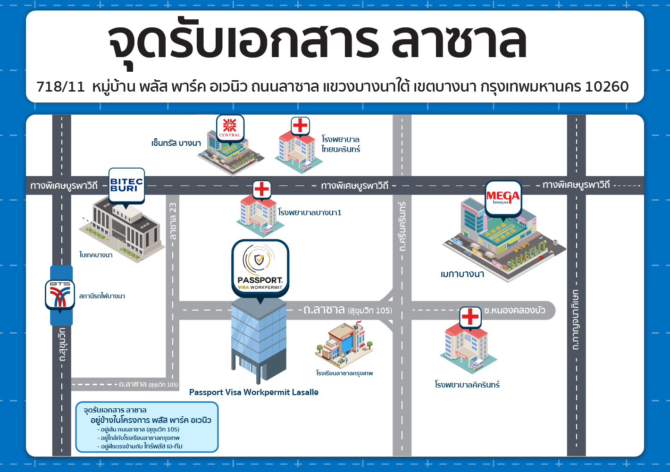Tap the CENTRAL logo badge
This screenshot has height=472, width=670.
230,128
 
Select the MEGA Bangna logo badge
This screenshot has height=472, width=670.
503,198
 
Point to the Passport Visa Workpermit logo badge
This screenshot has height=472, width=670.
260,269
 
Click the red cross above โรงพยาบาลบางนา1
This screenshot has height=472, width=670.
262,189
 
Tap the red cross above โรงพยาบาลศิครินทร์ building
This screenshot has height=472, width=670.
470,317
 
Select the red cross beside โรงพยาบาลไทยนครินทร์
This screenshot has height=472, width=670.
300,126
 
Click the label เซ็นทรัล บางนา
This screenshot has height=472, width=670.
176,143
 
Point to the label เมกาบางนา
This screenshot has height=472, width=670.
462,274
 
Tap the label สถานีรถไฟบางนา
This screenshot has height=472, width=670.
102,296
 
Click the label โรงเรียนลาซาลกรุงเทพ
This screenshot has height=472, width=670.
344,373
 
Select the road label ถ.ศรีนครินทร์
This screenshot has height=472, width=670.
402,226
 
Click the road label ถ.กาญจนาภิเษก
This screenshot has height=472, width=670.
576,320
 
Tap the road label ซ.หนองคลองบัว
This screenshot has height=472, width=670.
515,310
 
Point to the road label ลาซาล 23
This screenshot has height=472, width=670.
173,221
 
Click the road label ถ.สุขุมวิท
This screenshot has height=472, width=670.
62,345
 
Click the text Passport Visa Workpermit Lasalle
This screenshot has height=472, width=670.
254,392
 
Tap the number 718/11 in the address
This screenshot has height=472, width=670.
61,86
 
